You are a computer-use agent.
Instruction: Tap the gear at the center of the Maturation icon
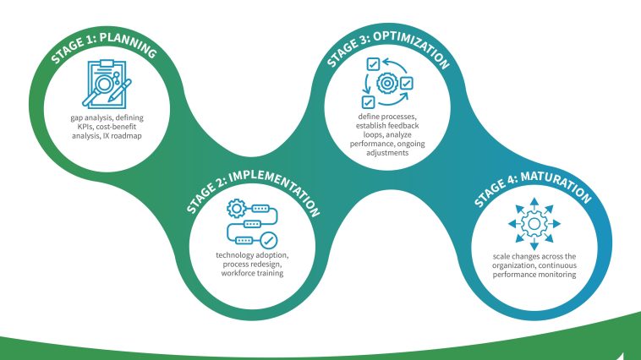[x=534, y=224]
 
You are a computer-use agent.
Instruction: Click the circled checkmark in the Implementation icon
[x=269, y=239]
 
